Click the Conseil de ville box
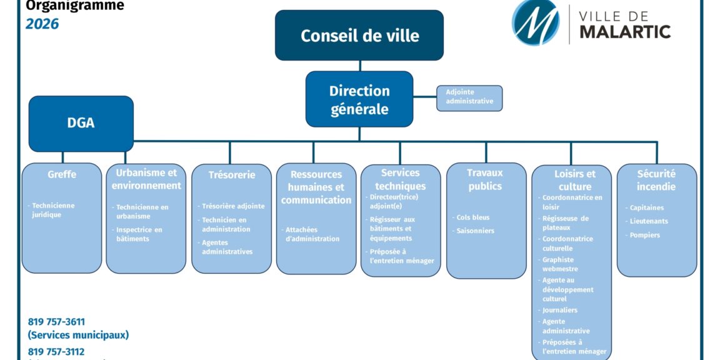click(359, 36)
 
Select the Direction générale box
click(359, 99)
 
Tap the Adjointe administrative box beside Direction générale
click(469, 97)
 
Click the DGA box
click(81, 123)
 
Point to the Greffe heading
click(62, 174)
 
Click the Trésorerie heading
click(232, 175)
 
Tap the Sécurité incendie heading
click(656, 180)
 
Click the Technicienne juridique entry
click(53, 210)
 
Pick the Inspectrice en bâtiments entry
click(139, 234)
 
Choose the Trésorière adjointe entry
click(233, 206)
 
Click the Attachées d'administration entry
click(312, 234)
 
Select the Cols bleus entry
click(473, 217)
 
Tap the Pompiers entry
click(645, 235)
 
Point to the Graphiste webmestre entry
click(560, 264)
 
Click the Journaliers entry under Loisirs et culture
click(560, 310)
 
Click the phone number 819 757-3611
click(56, 322)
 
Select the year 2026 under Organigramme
click(42, 24)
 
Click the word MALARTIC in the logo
click(625, 32)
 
